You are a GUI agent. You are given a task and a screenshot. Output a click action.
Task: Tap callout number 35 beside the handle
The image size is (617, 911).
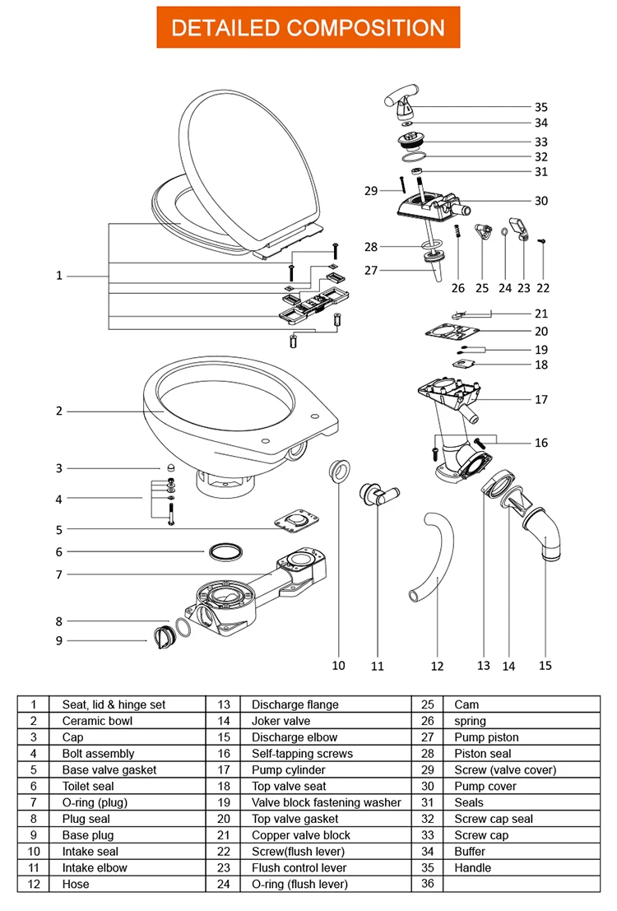[x=540, y=107]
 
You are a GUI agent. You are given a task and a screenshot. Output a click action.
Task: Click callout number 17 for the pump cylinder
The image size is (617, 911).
[x=540, y=400]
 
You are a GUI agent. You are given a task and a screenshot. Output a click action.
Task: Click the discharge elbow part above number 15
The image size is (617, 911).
[x=543, y=535]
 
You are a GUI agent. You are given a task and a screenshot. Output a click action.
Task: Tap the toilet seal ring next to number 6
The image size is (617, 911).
[x=225, y=551]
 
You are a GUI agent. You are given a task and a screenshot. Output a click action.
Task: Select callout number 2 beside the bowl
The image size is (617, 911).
[x=58, y=411]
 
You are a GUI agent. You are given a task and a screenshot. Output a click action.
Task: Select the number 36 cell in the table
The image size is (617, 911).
[x=427, y=884]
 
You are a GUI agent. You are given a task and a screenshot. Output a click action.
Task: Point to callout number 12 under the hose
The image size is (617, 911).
[x=437, y=666]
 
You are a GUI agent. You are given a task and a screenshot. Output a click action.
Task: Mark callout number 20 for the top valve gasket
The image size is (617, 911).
[x=540, y=332]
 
